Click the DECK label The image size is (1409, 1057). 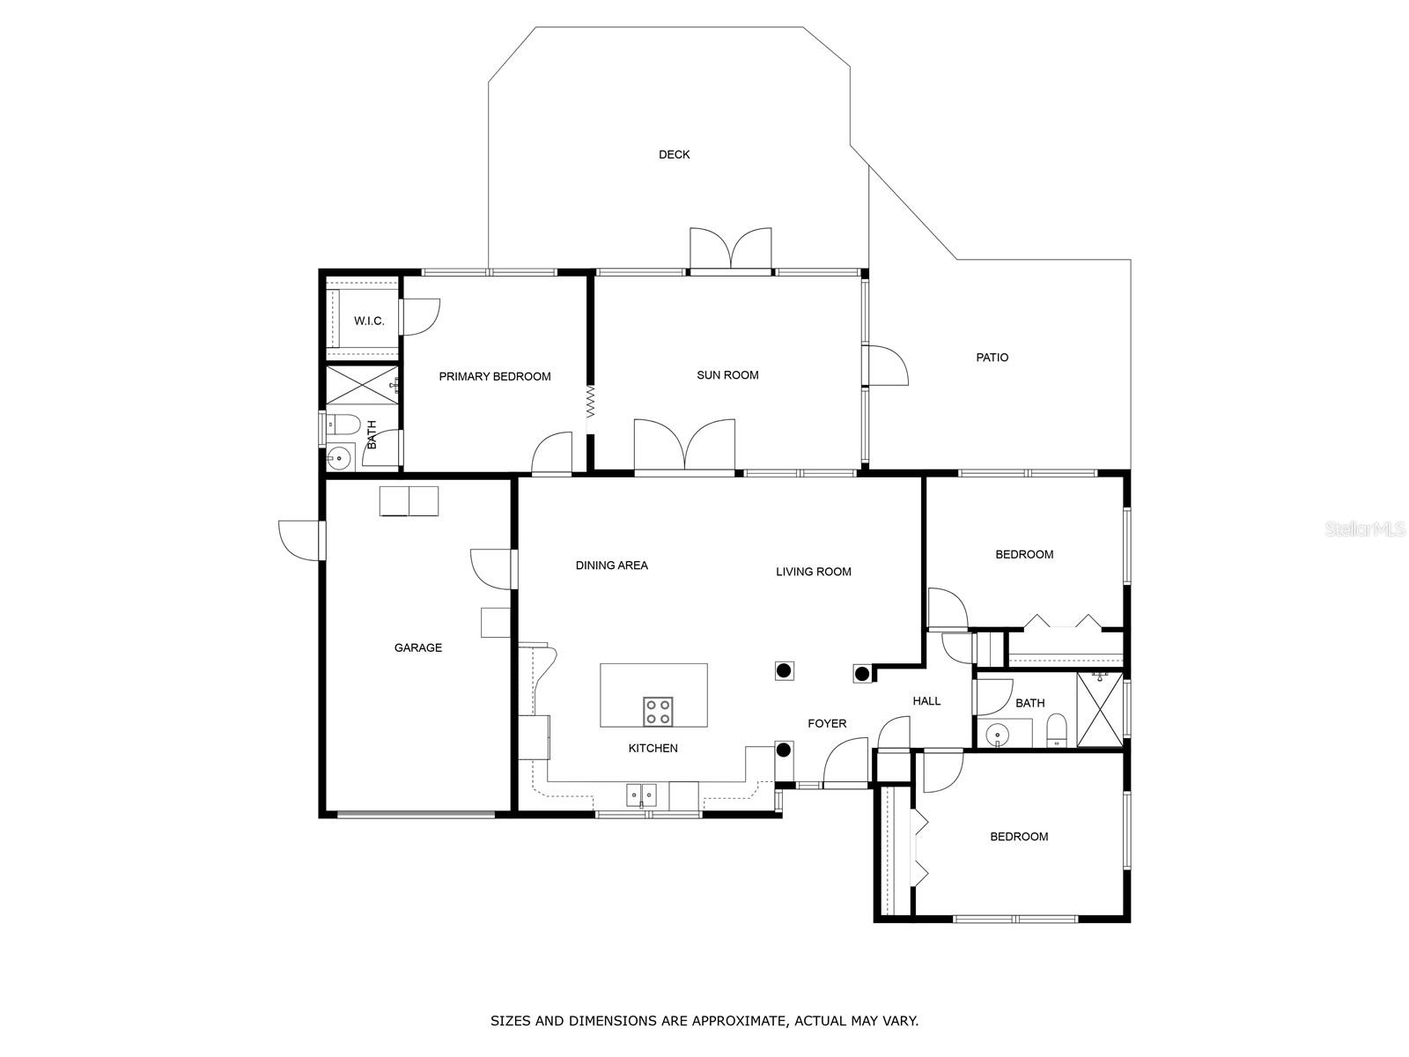pyautogui.click(x=674, y=155)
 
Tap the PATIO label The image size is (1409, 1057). pyautogui.click(x=992, y=358)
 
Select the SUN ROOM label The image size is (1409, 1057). pyautogui.click(x=727, y=375)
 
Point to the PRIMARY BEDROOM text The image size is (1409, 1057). pyautogui.click(x=494, y=377)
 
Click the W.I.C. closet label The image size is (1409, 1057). pyautogui.click(x=369, y=321)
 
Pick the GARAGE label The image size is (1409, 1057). pyautogui.click(x=418, y=647)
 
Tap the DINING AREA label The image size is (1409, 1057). pyautogui.click(x=612, y=565)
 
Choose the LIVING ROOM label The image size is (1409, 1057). pyautogui.click(x=814, y=572)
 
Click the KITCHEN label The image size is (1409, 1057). pyautogui.click(x=653, y=748)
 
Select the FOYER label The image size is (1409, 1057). pyautogui.click(x=827, y=723)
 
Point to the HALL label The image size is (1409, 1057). pyautogui.click(x=926, y=701)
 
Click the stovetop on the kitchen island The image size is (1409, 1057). pyautogui.click(x=658, y=711)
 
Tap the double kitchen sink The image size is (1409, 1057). pyautogui.click(x=642, y=795)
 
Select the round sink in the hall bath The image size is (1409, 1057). pyautogui.click(x=996, y=732)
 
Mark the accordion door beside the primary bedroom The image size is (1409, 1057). pyautogui.click(x=590, y=402)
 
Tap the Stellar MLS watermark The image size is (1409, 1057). pyautogui.click(x=1364, y=529)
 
